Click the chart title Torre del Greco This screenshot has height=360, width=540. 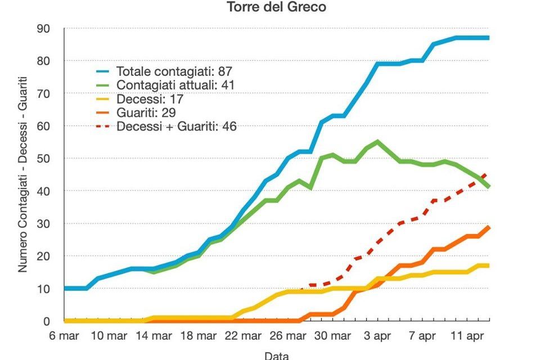276,8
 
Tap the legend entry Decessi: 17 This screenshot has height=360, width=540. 150,99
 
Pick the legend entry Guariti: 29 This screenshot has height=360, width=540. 146,112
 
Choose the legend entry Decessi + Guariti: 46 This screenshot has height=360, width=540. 176,127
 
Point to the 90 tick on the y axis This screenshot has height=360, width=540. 43,29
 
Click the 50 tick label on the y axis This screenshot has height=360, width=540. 43,159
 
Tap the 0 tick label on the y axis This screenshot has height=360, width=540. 47,321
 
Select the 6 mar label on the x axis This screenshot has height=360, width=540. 64,336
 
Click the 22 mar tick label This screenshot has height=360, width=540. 242,336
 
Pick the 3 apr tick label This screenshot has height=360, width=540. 377,336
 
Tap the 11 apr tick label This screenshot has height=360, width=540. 466,336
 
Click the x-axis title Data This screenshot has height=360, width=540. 276,355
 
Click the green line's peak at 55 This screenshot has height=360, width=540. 377,142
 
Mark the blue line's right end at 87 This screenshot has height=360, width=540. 488,38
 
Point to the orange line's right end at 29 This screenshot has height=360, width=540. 488,227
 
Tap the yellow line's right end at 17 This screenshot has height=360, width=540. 488,265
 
